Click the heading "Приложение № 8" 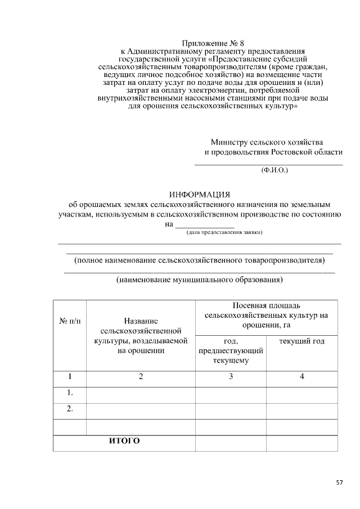click(214, 43)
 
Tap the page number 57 click(339, 482)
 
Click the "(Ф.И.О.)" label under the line click(274, 169)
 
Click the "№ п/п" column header click(70, 321)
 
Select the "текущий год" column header click(301, 341)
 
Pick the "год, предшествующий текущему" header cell click(231, 351)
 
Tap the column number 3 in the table click(231, 377)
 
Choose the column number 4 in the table click(301, 377)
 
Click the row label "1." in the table click(70, 393)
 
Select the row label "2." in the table click(70, 409)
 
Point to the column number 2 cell click(141, 377)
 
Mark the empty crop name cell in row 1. click(141, 395)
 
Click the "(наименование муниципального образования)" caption click(199, 280)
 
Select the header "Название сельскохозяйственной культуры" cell click(141, 335)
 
